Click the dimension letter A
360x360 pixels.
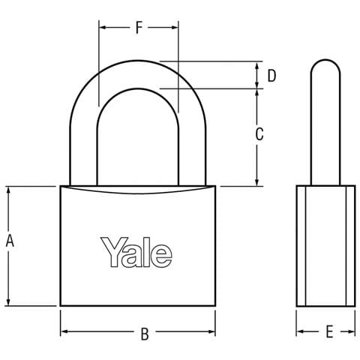pos(10,241)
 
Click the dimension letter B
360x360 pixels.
pos(145,334)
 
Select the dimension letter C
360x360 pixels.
pos(259,134)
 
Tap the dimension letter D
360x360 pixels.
pos(271,76)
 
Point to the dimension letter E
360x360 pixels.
pos(329,331)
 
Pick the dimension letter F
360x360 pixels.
pos(139,28)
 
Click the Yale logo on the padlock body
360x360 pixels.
pos(136,252)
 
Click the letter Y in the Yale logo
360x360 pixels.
pos(112,252)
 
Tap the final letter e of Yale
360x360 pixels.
pos(161,256)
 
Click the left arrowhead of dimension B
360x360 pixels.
pos(64,331)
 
